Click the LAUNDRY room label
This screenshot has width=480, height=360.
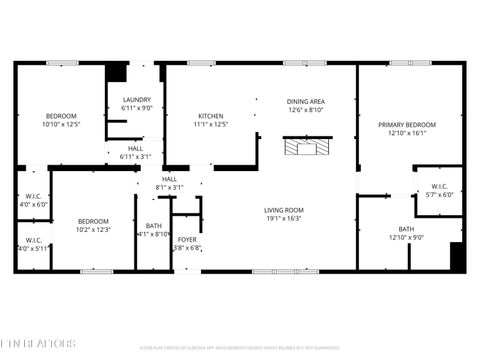pos(136,100)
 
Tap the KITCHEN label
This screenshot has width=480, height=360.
pos(210,116)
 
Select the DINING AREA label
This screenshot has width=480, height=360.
pos(305,101)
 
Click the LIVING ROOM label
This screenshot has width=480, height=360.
pos(284,209)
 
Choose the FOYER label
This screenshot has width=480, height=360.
pos(187,239)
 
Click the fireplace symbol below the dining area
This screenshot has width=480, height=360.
pos(304,148)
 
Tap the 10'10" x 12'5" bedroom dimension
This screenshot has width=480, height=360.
pos(60,125)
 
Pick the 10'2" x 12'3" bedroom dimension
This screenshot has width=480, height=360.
pos(93,230)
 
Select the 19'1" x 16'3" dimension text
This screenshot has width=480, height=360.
pos(284,218)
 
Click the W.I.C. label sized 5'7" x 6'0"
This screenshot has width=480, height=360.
pos(440,186)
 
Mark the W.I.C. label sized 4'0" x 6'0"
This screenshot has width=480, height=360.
pos(33,195)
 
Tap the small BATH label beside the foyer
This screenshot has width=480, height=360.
pos(153,225)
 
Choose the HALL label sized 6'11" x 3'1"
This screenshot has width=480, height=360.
pos(135,148)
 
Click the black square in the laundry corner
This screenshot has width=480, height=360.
pos(117,73)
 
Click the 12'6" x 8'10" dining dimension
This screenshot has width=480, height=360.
pos(305,110)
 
